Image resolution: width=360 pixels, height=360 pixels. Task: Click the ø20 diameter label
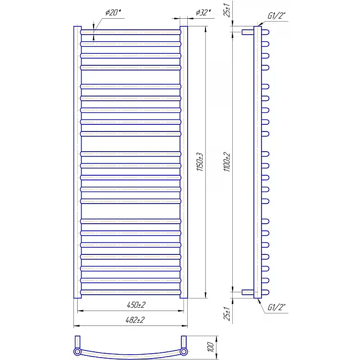point(113,12)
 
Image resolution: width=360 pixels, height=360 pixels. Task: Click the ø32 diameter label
point(203,12)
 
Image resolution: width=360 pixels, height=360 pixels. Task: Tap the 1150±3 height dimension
point(200,162)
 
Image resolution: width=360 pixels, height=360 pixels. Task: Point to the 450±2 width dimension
point(136,305)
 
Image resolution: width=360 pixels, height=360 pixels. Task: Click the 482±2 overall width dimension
point(135,320)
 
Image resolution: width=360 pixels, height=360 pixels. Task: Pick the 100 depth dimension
point(210,347)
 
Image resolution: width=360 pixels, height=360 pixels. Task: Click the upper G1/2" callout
point(276,16)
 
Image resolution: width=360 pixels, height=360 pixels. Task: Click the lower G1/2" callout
point(276,307)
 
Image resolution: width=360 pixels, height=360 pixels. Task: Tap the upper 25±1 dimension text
point(227,10)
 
